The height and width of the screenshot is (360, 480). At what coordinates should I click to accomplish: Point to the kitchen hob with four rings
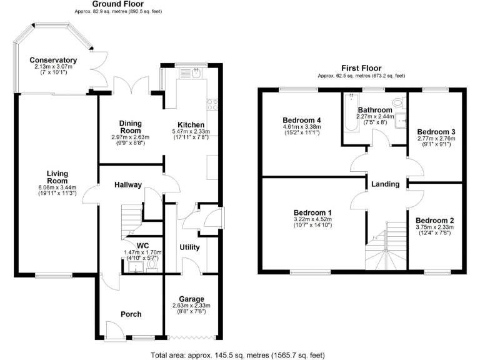[213, 104]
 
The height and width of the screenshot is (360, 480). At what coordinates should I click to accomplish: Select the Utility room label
[189, 247]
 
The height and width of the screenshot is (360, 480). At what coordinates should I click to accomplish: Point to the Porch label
[131, 314]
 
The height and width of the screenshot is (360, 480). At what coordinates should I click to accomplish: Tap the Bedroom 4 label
[302, 120]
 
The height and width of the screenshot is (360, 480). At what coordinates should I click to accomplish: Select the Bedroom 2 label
[434, 221]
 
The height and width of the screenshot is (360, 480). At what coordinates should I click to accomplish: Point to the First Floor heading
[361, 68]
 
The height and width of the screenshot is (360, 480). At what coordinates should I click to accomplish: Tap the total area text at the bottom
[237, 355]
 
